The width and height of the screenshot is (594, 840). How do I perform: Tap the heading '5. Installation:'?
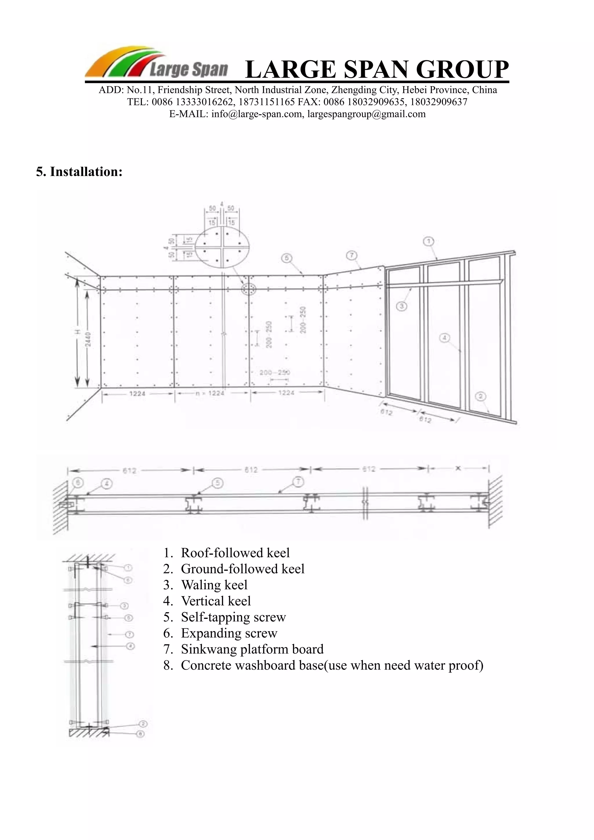pyautogui.click(x=79, y=172)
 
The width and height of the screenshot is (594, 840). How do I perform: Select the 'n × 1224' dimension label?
pyautogui.click(x=210, y=393)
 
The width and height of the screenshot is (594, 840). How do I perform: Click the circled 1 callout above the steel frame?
pyautogui.click(x=429, y=241)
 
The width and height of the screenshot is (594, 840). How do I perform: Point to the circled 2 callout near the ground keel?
pyautogui.click(x=481, y=396)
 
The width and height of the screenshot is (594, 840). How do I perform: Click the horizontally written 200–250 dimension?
pyautogui.click(x=274, y=372)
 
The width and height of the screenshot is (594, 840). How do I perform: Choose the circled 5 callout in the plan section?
pyautogui.click(x=218, y=483)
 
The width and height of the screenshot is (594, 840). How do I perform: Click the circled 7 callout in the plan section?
pyautogui.click(x=298, y=483)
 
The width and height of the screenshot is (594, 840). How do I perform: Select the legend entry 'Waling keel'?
pyautogui.click(x=214, y=585)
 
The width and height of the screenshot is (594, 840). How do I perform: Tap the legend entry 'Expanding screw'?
pyautogui.click(x=229, y=633)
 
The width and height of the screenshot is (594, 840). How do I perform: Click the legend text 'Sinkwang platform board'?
pyautogui.click(x=252, y=649)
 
